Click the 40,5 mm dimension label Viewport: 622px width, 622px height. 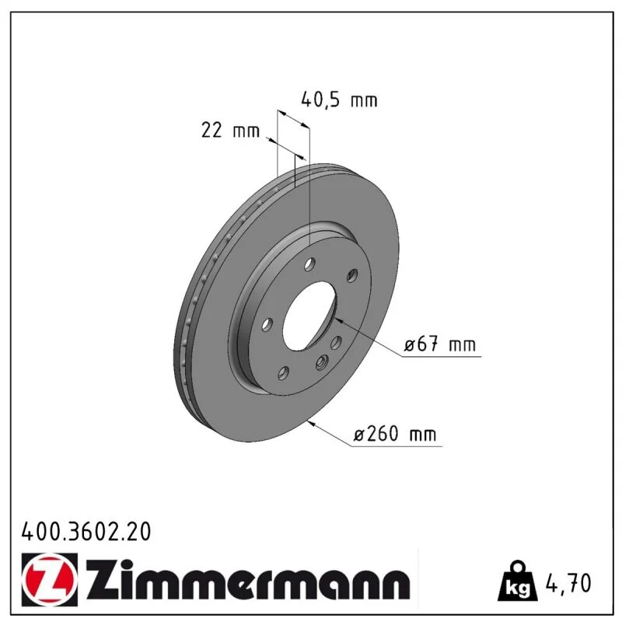[339, 100]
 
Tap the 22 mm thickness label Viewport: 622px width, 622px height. [230, 130]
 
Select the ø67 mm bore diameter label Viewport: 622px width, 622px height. [439, 344]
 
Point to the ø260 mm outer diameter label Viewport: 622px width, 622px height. [395, 434]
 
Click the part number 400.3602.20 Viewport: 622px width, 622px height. [86, 532]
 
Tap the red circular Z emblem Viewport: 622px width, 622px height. [50, 579]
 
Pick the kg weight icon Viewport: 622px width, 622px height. [518, 582]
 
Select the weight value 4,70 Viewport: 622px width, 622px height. [568, 582]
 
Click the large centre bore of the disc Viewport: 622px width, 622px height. [309, 316]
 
